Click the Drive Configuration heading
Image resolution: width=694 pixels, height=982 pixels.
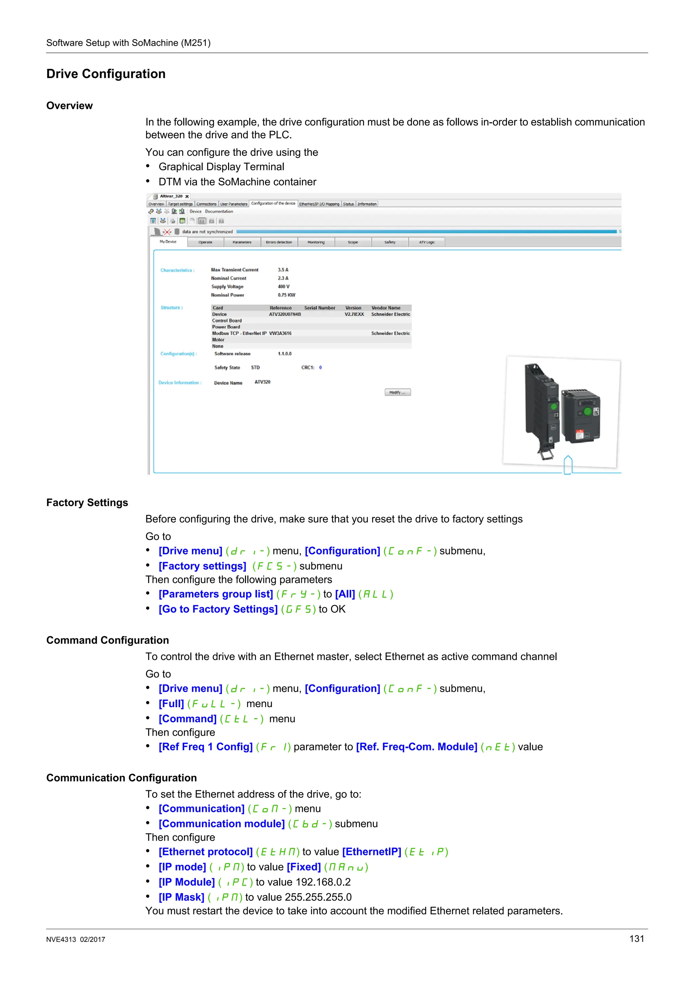[106, 74]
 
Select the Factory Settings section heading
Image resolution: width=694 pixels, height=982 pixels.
[87, 503]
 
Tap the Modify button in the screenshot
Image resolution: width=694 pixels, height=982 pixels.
[398, 392]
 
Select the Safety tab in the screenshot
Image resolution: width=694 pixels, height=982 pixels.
[390, 242]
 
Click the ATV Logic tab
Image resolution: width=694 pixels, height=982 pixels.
[426, 242]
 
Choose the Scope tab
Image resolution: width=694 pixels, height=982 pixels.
[353, 242]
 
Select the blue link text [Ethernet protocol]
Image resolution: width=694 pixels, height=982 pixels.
[206, 852]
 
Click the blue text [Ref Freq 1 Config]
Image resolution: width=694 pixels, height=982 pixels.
[206, 747]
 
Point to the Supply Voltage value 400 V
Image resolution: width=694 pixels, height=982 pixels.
[284, 287]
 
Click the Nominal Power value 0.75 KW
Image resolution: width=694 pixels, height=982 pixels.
[286, 295]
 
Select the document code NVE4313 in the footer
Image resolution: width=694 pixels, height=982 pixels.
[61, 940]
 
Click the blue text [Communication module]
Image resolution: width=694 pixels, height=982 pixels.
[222, 824]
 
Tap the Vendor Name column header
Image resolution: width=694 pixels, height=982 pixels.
[386, 308]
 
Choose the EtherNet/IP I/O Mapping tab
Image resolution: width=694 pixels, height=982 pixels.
[319, 204]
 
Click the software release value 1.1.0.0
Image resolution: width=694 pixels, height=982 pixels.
[284, 354]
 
